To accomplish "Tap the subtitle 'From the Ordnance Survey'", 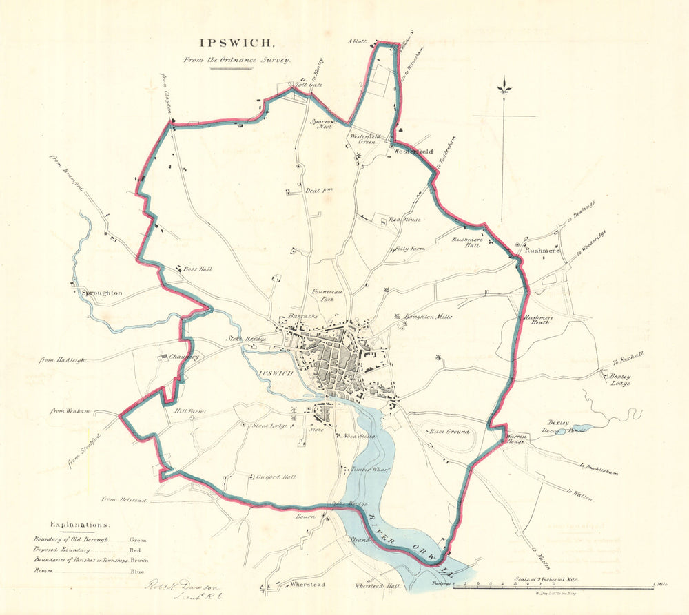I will click(x=237, y=60).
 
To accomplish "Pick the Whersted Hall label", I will click(x=377, y=585).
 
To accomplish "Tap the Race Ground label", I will click(x=449, y=432).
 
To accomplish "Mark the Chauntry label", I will click(x=184, y=357).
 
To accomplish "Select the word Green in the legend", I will click(x=138, y=540).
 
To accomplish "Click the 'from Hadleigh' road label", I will click(x=58, y=359).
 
